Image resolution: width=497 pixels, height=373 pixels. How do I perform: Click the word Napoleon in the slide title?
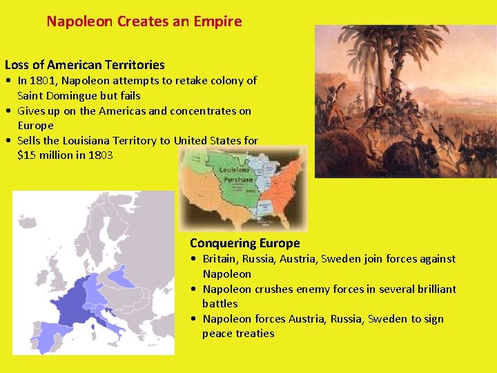(x=80, y=21)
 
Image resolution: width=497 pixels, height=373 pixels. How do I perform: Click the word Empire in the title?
(x=219, y=21)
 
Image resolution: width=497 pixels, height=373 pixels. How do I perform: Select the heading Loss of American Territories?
(x=85, y=65)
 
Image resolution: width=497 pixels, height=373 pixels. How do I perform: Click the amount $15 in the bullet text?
(x=26, y=155)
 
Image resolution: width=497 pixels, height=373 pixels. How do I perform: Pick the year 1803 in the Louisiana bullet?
(x=100, y=155)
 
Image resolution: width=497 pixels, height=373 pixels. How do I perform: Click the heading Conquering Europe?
(x=244, y=243)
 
